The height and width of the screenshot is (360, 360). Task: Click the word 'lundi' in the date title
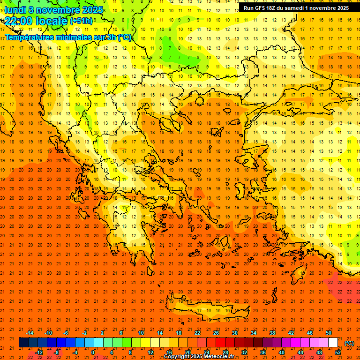pos(15,10)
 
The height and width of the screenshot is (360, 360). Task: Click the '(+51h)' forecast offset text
pos(81,21)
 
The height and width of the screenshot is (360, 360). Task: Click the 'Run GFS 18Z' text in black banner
pos(262,8)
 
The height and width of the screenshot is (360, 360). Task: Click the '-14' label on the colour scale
pos(30,333)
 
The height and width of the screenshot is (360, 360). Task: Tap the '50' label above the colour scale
pos(329,333)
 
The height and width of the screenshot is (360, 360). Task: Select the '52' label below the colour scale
pos(338,352)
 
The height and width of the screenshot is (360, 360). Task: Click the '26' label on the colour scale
pos(216,333)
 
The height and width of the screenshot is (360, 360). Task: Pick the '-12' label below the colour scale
pos(39,352)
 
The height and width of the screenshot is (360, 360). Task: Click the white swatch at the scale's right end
pos(333,343)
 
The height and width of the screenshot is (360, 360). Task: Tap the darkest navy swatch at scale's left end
pos(23,343)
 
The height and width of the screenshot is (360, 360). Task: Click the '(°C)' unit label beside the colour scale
pos(349,343)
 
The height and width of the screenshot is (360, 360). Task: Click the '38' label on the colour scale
pos(272,333)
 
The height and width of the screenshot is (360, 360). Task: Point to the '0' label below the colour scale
pos(93,352)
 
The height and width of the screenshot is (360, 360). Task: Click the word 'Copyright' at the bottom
pos(176,357)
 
